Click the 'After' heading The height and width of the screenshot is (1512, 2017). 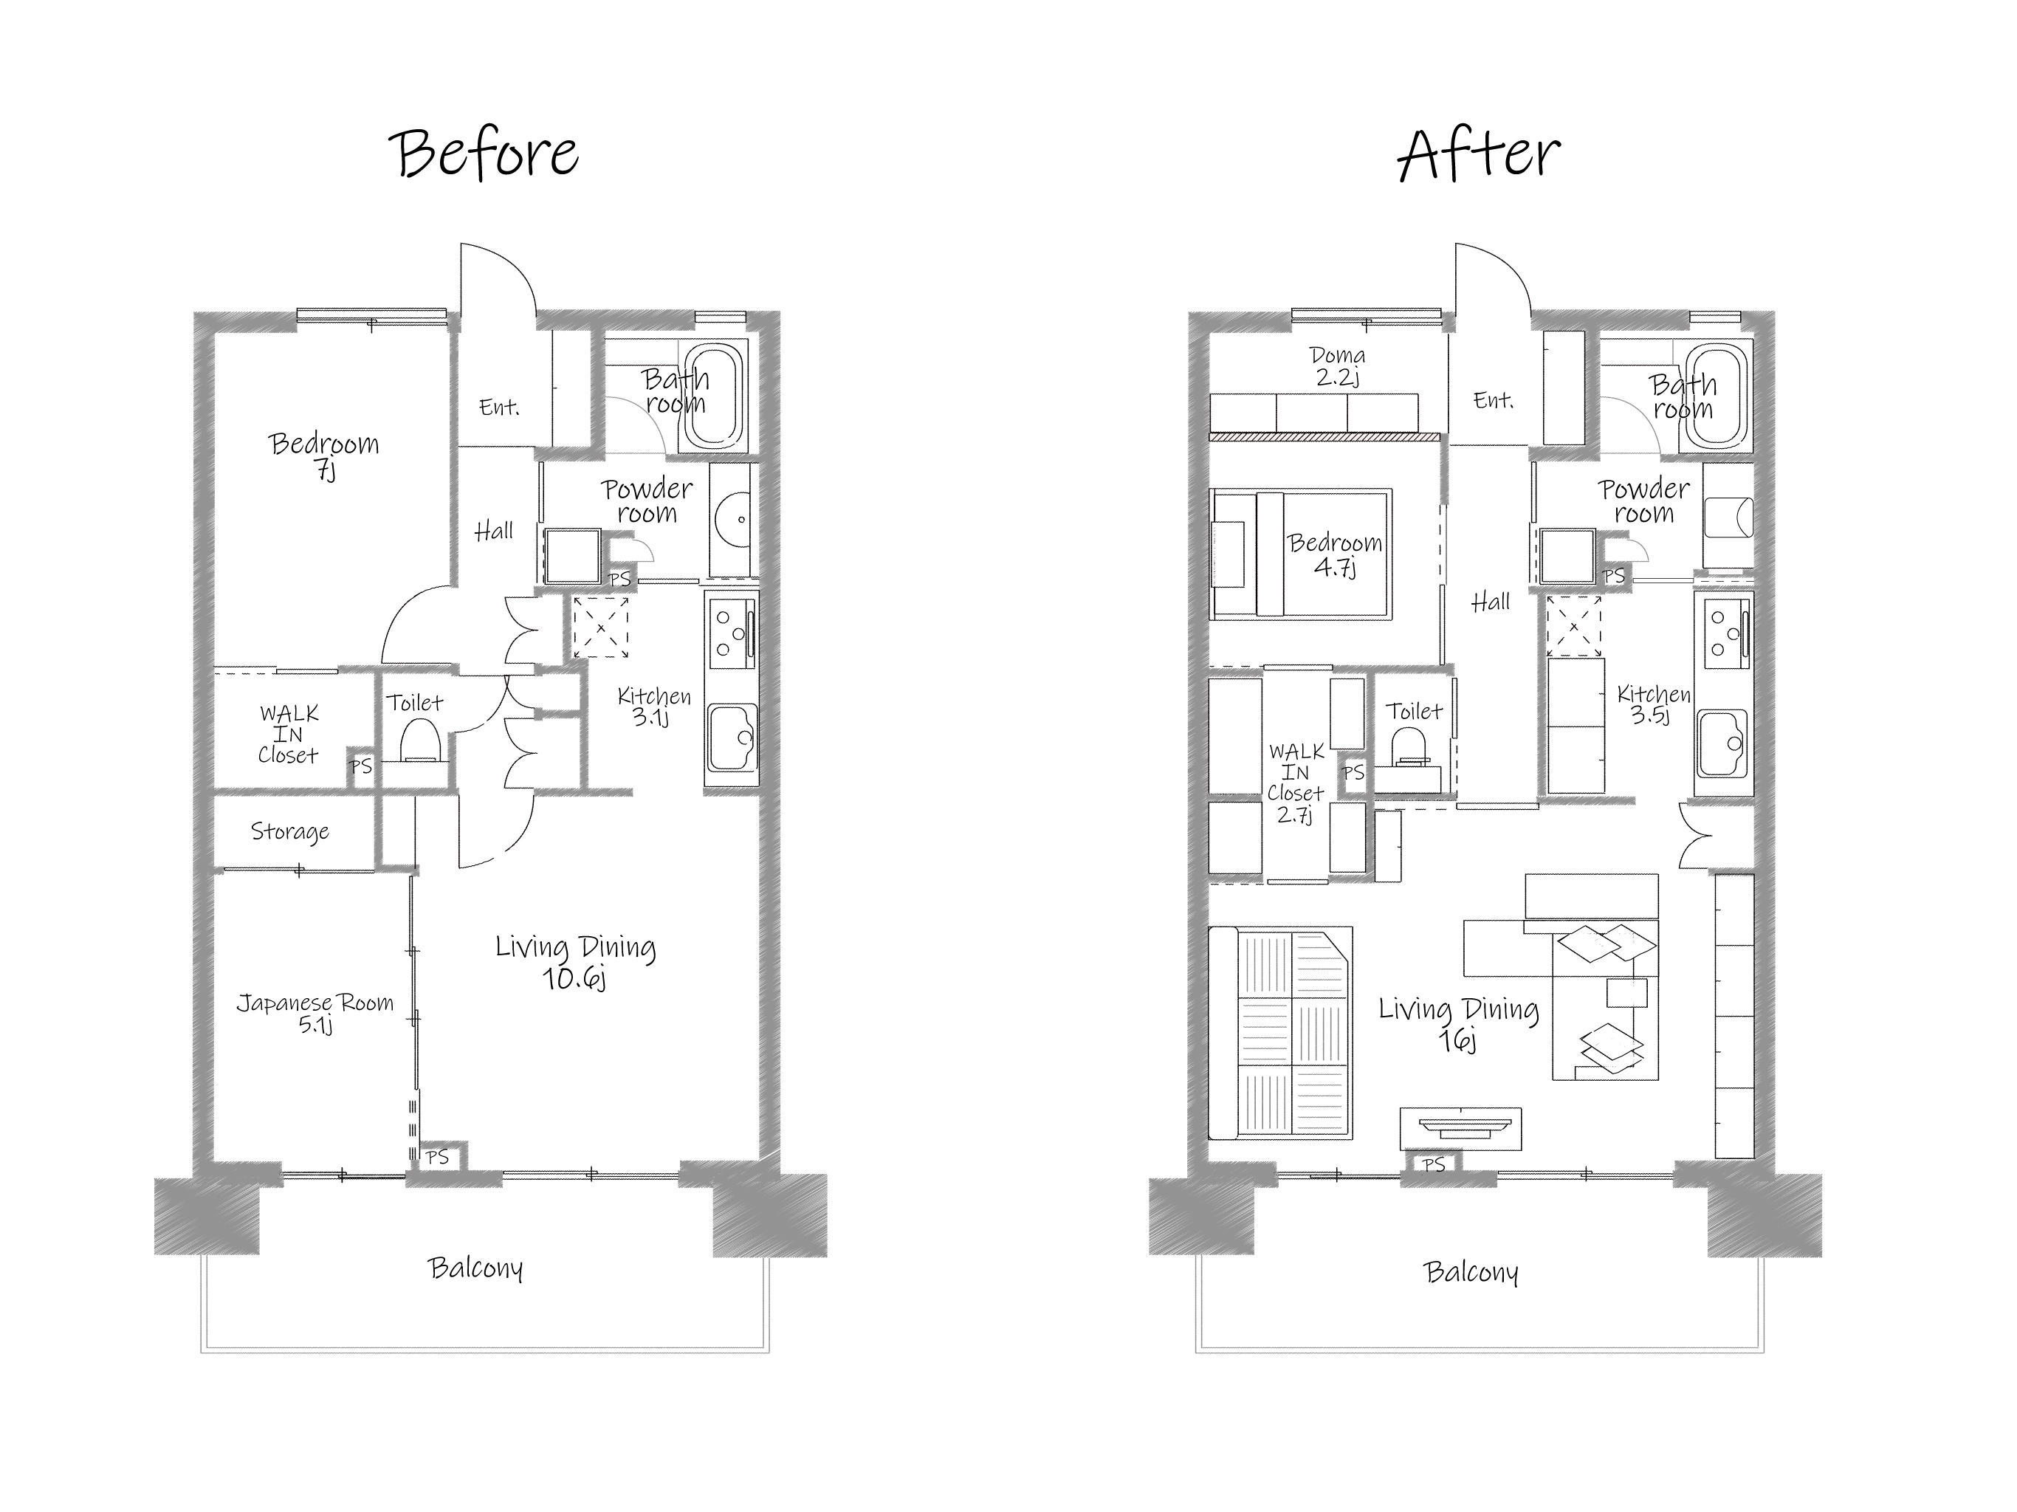(1479, 154)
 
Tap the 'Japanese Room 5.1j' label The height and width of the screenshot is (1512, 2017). (315, 1013)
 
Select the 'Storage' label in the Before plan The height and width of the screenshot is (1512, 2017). (290, 832)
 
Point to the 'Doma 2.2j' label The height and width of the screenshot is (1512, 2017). (1338, 365)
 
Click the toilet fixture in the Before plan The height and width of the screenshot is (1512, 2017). (420, 740)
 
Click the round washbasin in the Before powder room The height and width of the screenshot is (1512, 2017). (735, 520)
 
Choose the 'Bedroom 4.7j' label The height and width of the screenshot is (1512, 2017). (1335, 554)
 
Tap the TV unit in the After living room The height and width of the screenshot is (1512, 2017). (1461, 1129)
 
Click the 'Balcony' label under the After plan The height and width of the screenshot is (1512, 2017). (1471, 1272)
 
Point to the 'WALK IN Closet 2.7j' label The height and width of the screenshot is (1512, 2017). (1296, 783)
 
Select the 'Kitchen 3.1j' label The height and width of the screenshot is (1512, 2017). (654, 706)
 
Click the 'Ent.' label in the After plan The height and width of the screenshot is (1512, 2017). (1494, 399)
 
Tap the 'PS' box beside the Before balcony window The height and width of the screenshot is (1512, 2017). (439, 1157)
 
